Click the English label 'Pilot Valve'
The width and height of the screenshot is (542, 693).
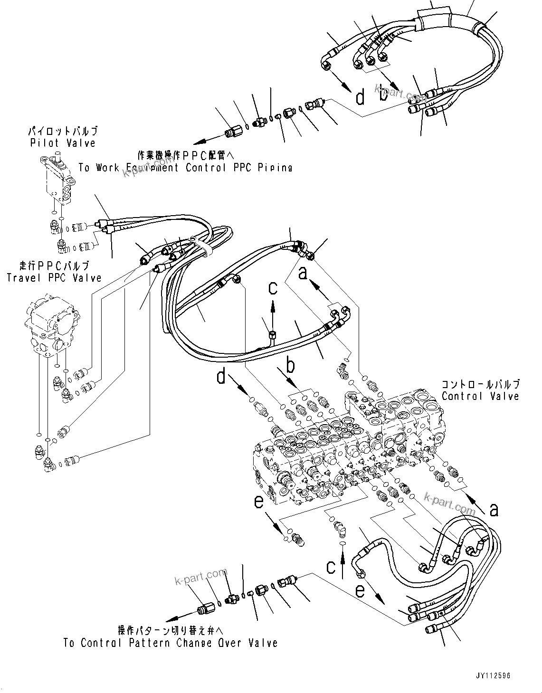coord(63,143)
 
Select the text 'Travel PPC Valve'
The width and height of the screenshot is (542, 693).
coord(54,278)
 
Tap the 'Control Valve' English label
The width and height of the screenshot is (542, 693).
coord(480,396)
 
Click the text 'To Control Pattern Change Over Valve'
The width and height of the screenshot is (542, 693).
coord(171,643)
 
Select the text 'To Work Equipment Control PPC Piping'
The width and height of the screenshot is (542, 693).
coord(185,168)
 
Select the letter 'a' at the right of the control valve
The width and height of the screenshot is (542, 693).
coord(494,510)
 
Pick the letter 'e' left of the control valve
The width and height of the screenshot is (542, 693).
coord(259,502)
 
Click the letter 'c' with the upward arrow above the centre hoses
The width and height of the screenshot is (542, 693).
coord(272,287)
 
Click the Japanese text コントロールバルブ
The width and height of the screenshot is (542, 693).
coord(480,384)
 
